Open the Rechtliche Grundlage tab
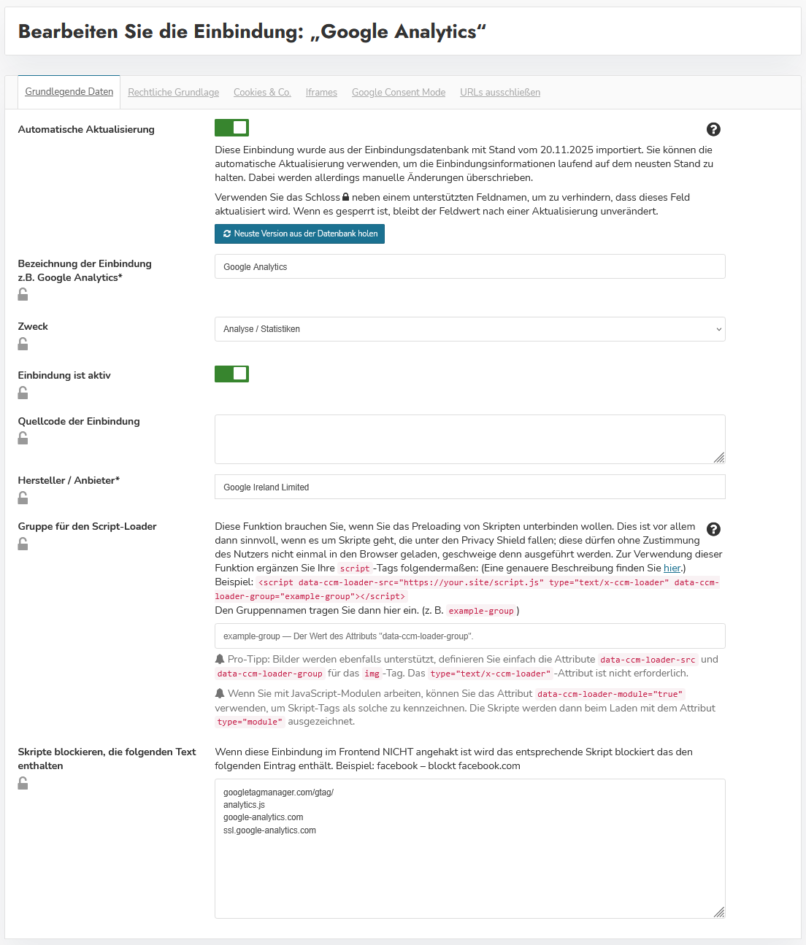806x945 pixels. (173, 93)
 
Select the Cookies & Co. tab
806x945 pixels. (262, 93)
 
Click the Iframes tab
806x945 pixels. (321, 93)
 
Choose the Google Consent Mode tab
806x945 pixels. (399, 93)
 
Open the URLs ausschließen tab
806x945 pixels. (500, 93)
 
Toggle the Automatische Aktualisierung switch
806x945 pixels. (231, 128)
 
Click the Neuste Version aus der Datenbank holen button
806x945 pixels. (299, 234)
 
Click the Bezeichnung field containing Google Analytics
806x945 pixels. (469, 266)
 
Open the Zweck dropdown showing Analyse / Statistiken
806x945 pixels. (469, 329)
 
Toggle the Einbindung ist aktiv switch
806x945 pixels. (231, 374)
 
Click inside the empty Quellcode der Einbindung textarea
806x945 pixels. (469, 439)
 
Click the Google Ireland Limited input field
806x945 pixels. (469, 487)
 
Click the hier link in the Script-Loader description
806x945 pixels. (672, 568)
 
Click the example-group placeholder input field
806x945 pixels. (469, 636)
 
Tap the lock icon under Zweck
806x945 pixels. (23, 344)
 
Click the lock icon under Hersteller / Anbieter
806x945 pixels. (23, 498)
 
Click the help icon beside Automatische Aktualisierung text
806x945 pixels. (713, 129)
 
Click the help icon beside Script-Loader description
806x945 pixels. (713, 529)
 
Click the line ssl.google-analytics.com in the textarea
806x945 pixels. (269, 830)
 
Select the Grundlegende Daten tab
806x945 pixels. (69, 92)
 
